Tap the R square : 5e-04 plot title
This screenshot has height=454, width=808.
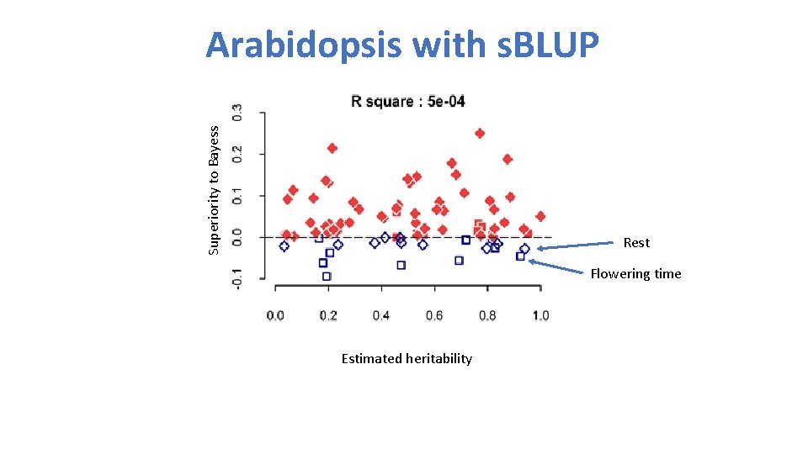point(407,102)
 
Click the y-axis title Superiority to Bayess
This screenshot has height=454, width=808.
point(214,189)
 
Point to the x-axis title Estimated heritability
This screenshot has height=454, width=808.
point(407,359)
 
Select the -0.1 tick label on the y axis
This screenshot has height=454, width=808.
point(237,279)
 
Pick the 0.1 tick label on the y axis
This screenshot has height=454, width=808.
point(237,196)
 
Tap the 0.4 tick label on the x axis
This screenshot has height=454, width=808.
point(381,315)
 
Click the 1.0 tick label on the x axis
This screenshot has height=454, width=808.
point(540,315)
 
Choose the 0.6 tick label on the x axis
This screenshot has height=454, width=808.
point(434,315)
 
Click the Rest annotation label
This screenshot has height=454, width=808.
point(636,243)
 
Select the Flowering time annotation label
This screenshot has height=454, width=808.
point(635,274)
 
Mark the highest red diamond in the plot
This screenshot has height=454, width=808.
point(480,133)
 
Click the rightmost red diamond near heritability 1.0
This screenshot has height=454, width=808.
point(540,216)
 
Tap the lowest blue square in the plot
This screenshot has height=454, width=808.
point(327,276)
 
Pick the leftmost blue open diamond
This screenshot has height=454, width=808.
point(284,246)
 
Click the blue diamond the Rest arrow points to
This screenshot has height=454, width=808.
point(524,249)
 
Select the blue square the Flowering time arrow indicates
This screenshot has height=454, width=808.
point(520,256)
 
